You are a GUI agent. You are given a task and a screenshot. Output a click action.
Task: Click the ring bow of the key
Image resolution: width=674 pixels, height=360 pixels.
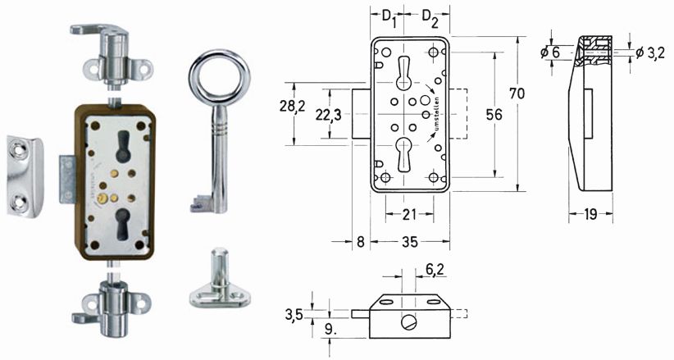coord(219,57)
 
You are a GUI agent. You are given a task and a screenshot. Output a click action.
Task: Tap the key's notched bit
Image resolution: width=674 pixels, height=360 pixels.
coord(201,203)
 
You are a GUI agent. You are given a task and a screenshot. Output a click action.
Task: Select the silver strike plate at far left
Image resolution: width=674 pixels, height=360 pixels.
coord(25,176)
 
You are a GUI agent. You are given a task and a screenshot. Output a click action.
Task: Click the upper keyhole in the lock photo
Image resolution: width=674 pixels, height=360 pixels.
coord(123,146)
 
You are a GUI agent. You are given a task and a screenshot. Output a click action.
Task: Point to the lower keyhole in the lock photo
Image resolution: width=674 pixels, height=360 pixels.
coord(123,224)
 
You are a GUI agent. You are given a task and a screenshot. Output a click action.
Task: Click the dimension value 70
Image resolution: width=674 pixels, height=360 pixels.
coord(517,93)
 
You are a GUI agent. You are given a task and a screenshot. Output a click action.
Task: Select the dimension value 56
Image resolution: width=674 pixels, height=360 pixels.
coord(494,115)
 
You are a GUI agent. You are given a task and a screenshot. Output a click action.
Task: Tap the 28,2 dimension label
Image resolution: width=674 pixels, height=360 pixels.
coord(292,105)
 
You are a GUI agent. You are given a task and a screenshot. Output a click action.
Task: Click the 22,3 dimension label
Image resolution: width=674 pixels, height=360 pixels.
coord(329,115)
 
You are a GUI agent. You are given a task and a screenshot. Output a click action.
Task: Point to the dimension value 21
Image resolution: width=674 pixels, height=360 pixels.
coord(409,214)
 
